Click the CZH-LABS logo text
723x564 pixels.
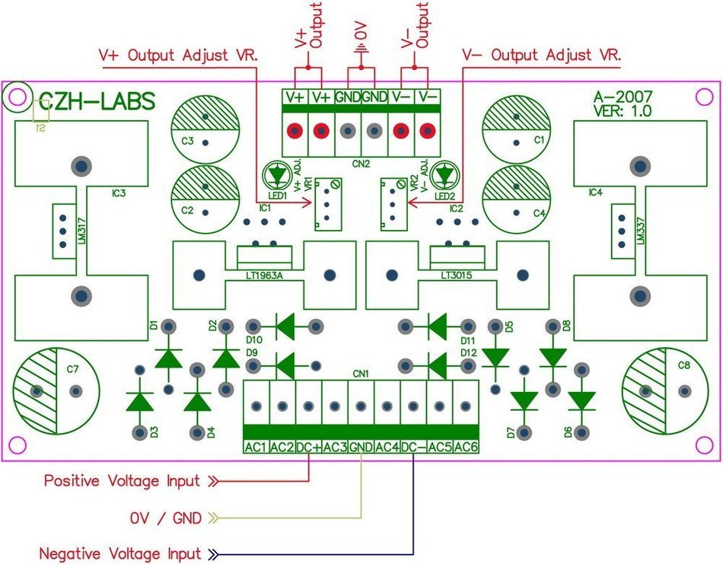pyautogui.click(x=97, y=102)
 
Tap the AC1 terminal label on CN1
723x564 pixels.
pyautogui.click(x=256, y=447)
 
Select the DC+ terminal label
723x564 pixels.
pyautogui.click(x=308, y=447)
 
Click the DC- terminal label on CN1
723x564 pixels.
pyautogui.click(x=413, y=447)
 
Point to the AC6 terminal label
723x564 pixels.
pyautogui.click(x=466, y=447)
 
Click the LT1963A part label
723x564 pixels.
pyautogui.click(x=264, y=276)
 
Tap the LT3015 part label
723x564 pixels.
pyautogui.click(x=457, y=276)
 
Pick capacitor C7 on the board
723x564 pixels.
pyautogui.click(x=56, y=391)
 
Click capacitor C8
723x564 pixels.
pyautogui.click(x=665, y=391)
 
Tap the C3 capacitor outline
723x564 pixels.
pyautogui.click(x=205, y=129)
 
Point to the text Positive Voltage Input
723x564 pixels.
pyautogui.click(x=123, y=480)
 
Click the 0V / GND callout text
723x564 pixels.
pyautogui.click(x=166, y=518)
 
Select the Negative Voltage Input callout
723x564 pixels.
pyautogui.click(x=120, y=553)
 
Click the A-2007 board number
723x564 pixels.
pyautogui.click(x=623, y=97)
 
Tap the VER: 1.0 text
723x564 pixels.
pyautogui.click(x=623, y=110)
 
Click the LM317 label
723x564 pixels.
pyautogui.click(x=82, y=231)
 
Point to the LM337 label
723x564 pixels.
pyautogui.click(x=641, y=231)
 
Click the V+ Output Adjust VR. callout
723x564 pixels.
pyautogui.click(x=178, y=56)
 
